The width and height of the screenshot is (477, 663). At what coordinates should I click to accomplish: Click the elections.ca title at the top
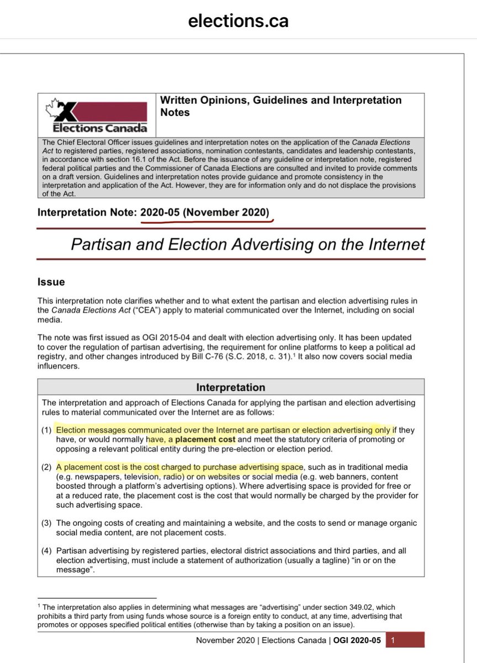[238, 20]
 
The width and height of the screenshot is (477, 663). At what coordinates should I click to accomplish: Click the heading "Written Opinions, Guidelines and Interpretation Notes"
[280, 106]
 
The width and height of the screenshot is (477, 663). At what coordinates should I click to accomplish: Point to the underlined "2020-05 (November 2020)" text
[206, 213]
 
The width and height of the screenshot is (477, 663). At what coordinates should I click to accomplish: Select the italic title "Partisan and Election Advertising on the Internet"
[247, 244]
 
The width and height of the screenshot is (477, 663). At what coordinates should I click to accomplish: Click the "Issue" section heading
[51, 282]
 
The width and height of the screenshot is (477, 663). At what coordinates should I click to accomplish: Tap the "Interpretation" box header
[231, 387]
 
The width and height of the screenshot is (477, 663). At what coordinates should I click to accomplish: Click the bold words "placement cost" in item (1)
[206, 439]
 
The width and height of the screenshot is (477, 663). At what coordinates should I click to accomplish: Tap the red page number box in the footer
[405, 640]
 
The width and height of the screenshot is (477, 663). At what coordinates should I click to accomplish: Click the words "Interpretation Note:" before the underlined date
[87, 213]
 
